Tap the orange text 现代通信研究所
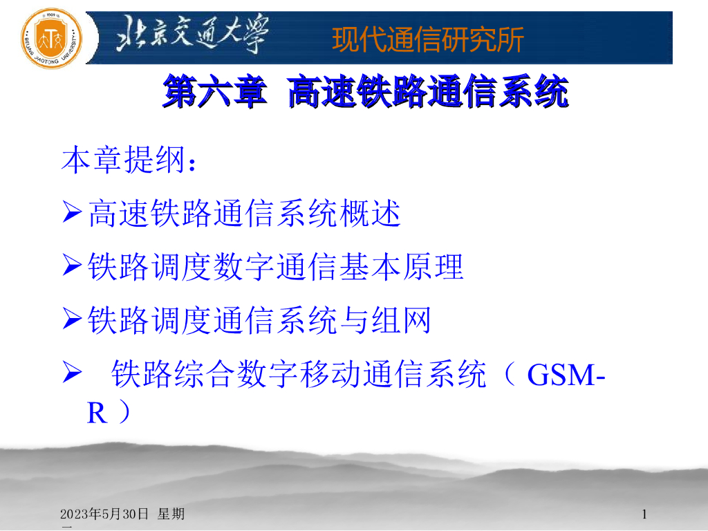coord(428,39)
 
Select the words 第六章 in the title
coord(214,93)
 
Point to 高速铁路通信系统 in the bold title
coord(428,93)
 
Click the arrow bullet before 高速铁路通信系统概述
coord(73,214)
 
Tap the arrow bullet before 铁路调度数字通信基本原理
coord(73,267)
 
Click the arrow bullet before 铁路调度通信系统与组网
coord(73,320)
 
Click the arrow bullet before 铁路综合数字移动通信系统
coord(73,374)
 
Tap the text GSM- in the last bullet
coord(566,375)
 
